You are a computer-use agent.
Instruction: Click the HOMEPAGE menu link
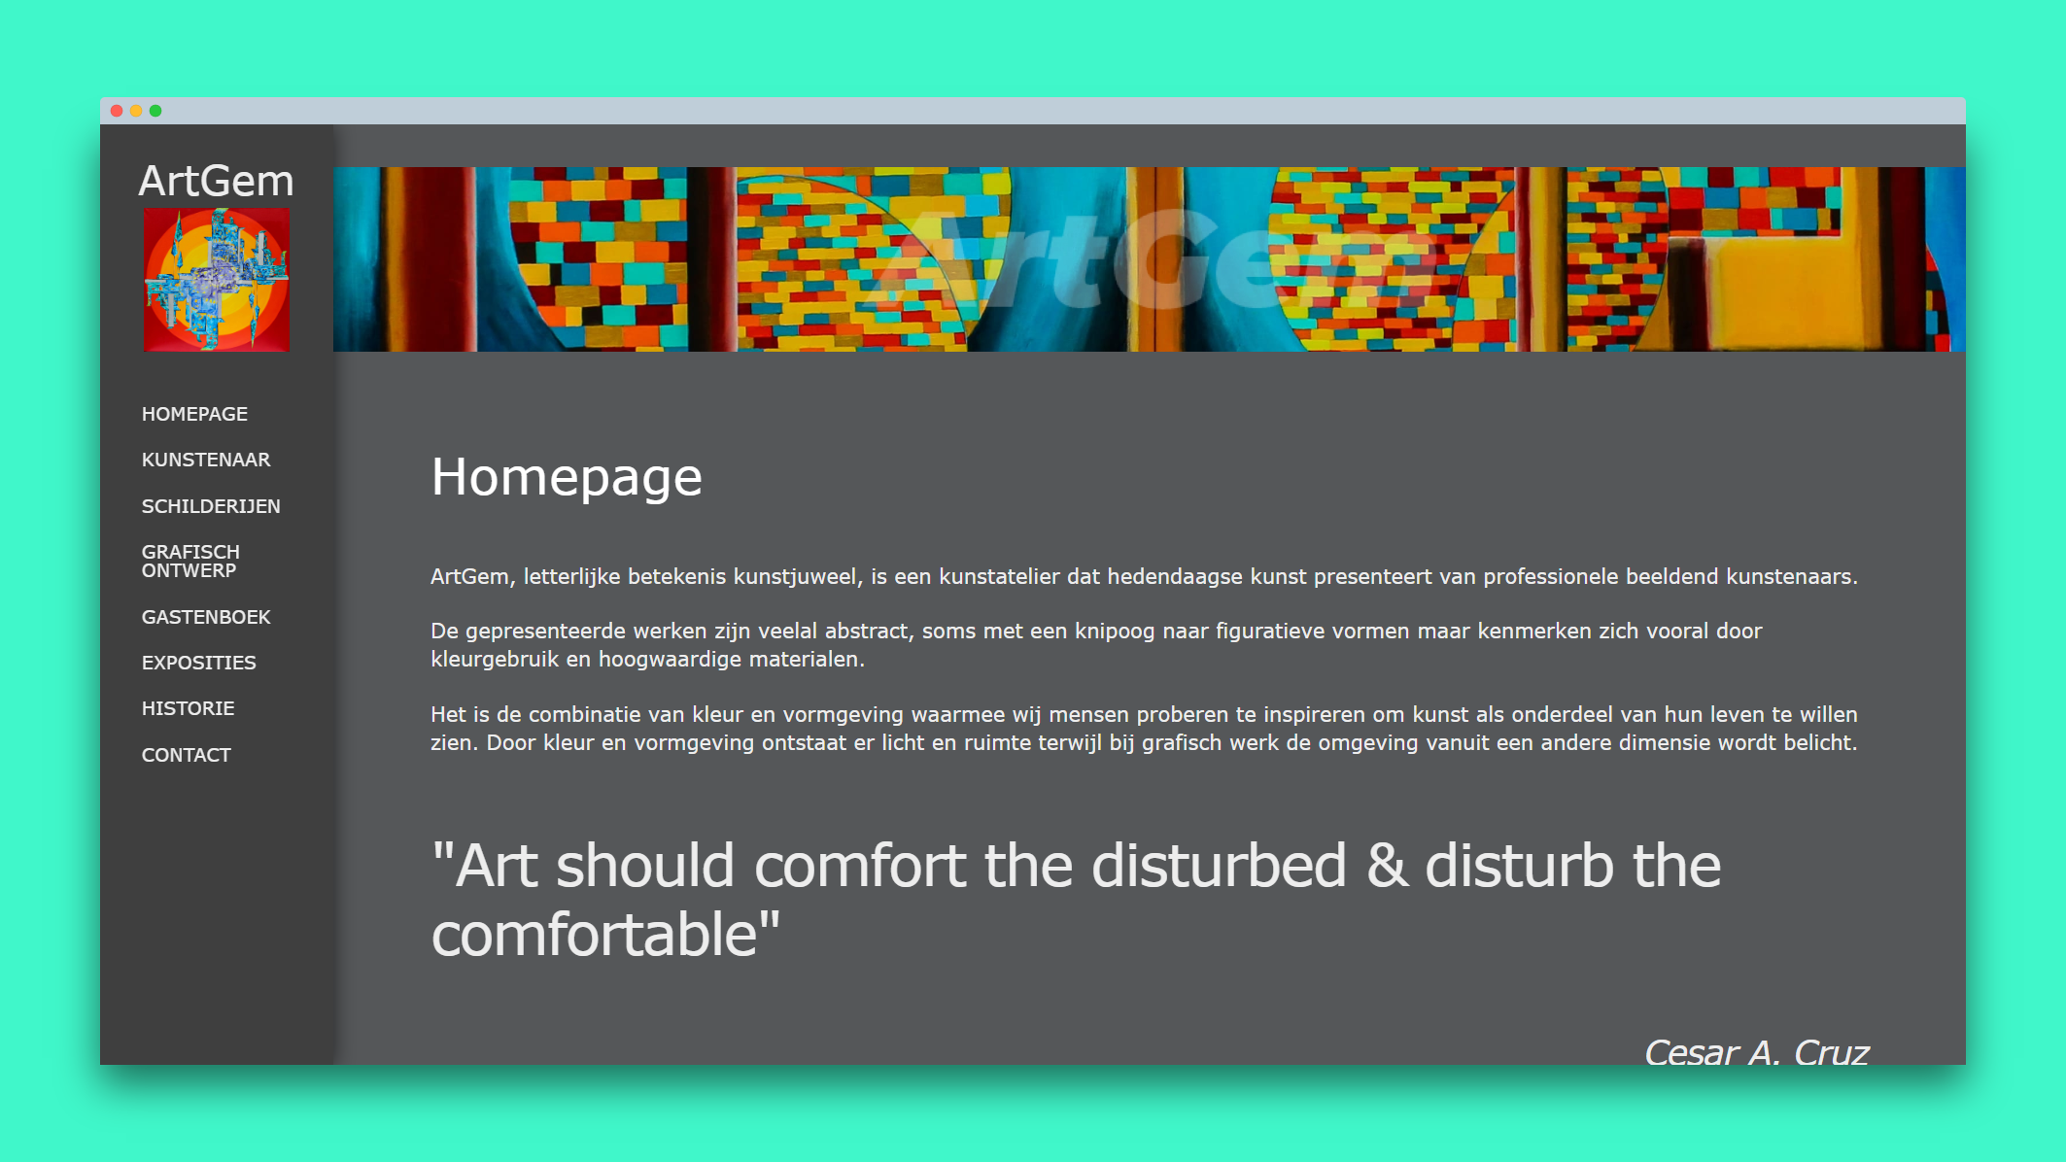click(x=194, y=414)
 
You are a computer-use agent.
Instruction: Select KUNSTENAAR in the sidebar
click(x=206, y=460)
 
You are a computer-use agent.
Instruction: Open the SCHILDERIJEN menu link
click(x=211, y=506)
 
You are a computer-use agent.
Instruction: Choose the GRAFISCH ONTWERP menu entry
click(x=190, y=561)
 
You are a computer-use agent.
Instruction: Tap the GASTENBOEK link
click(x=206, y=617)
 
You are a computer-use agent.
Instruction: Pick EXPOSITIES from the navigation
click(x=199, y=663)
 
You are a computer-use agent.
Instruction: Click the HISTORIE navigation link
click(x=189, y=708)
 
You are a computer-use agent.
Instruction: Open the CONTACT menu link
click(x=187, y=755)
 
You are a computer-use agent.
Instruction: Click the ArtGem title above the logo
click(x=216, y=181)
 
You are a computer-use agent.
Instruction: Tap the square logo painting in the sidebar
click(x=216, y=280)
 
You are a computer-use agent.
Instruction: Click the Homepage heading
click(x=567, y=478)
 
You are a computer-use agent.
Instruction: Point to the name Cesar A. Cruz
click(x=1756, y=1052)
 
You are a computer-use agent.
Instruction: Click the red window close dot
click(x=117, y=111)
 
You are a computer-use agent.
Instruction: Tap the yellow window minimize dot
click(x=136, y=111)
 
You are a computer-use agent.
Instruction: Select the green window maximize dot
click(x=155, y=111)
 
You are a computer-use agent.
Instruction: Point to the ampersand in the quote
click(x=1387, y=866)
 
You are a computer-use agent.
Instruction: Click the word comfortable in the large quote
click(x=594, y=935)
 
